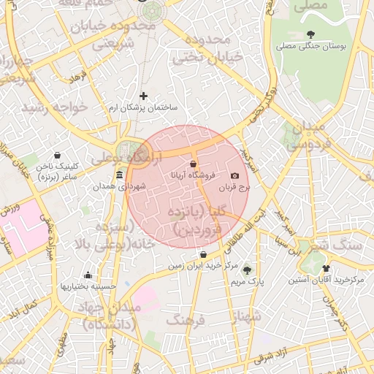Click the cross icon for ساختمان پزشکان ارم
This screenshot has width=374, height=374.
(143, 96)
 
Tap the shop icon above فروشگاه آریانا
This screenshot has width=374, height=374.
(193, 164)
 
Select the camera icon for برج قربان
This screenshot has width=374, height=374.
(234, 176)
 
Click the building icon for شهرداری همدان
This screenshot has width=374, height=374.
(119, 175)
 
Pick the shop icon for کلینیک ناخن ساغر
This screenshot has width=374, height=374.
(58, 155)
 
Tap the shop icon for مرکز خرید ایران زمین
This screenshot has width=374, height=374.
(203, 255)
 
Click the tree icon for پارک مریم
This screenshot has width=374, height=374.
(246, 270)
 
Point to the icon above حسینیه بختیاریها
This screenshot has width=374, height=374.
(88, 275)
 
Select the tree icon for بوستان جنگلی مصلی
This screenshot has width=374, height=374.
(311, 34)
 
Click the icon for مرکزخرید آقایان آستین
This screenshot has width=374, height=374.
(326, 268)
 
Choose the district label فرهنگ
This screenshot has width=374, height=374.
(185, 320)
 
